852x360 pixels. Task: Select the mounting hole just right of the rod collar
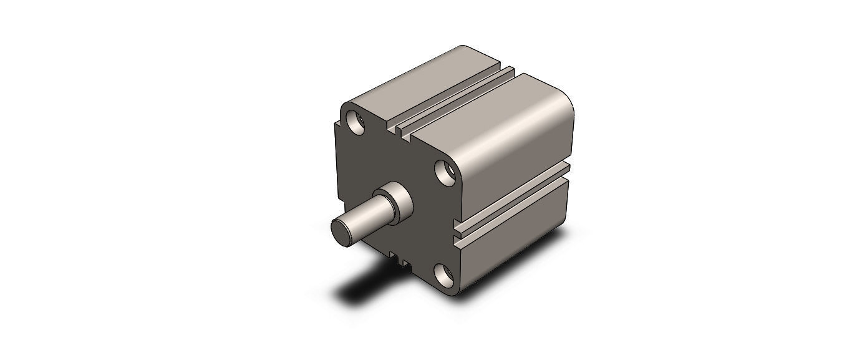(x=445, y=173)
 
